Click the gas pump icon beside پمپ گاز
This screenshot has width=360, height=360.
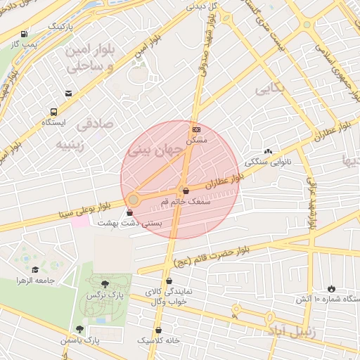point(25,33)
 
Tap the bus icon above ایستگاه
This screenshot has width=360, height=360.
point(53,112)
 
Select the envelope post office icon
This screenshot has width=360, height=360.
point(68,94)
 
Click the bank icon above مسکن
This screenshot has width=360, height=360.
point(196,129)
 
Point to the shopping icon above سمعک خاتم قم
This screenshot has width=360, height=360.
point(185,190)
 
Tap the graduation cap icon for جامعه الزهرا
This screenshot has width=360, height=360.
point(35,269)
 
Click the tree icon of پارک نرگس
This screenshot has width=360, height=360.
point(105,284)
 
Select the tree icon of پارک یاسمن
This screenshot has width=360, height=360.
point(79,328)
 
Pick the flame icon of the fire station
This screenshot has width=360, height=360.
point(331,288)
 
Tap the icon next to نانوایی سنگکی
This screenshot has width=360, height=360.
point(267,151)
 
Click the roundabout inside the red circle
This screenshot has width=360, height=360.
point(133,200)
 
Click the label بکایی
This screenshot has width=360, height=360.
point(270,90)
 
